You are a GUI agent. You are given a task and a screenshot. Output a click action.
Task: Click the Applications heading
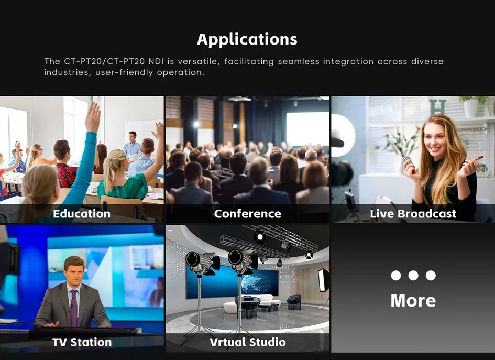247,40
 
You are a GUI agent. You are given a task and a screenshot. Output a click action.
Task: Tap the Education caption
82,214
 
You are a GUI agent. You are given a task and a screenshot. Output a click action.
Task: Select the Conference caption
247,214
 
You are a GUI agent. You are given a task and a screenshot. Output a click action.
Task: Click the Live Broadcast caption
413,214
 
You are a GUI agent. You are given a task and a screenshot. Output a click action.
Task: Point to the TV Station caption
82,342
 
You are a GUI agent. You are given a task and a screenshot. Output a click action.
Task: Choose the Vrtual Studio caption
248,342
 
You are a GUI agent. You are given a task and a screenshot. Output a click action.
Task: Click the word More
413,301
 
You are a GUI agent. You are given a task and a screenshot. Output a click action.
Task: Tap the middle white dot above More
413,275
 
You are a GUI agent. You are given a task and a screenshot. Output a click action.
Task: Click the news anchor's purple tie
74,308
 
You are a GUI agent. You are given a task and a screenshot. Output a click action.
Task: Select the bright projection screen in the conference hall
308,128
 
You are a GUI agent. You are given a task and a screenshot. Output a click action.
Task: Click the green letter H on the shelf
438,107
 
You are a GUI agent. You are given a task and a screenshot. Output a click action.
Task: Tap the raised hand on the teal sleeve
93,117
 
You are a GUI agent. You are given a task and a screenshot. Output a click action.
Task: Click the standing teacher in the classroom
132,148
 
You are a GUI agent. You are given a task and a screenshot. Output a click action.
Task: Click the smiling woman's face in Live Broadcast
435,138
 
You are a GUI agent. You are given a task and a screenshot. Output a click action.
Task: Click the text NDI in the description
156,61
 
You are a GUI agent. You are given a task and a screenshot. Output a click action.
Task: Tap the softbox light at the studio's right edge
324,280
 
